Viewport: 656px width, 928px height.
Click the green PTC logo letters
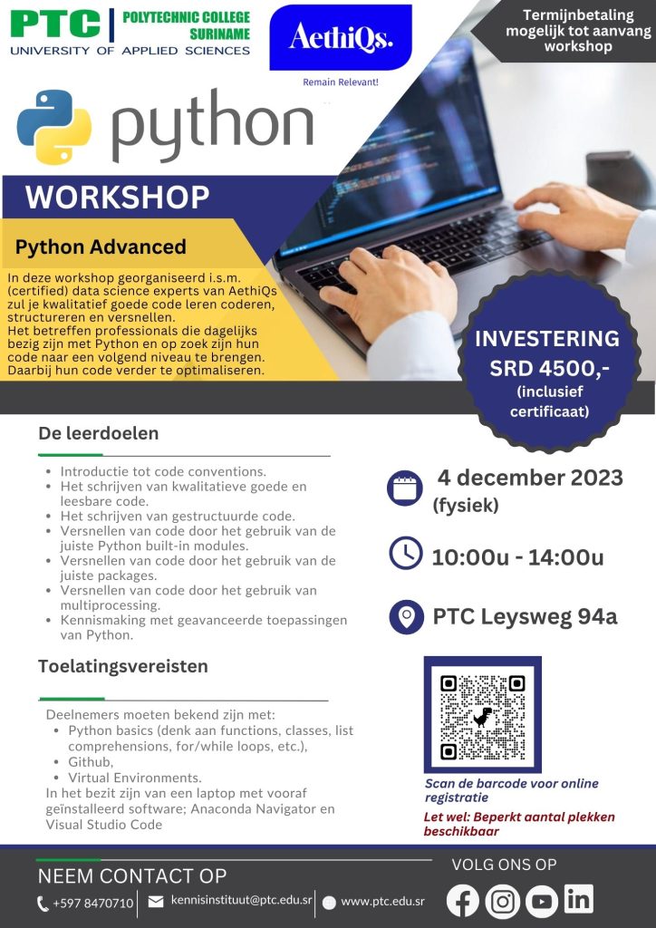(x=55, y=24)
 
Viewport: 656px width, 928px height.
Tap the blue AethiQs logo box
(x=341, y=38)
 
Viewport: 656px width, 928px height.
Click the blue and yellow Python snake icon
(x=54, y=127)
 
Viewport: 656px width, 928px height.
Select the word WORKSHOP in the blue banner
(x=117, y=198)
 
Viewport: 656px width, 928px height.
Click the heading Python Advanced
(x=101, y=246)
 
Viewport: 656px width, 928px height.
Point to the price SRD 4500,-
(x=549, y=368)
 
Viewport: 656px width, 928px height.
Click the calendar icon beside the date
(x=405, y=488)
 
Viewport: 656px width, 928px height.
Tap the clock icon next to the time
(x=406, y=554)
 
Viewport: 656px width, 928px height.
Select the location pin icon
(x=407, y=616)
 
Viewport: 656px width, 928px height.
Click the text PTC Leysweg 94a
(x=526, y=616)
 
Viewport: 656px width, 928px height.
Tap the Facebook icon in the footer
(x=463, y=900)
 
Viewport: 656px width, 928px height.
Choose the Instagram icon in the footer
(x=502, y=902)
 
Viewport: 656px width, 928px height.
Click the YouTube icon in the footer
(x=541, y=902)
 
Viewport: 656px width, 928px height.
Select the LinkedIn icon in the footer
(x=578, y=898)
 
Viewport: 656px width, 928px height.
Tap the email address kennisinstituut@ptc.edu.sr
(x=241, y=900)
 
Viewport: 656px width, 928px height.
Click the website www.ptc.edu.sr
(x=382, y=902)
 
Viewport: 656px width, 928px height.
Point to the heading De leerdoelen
(x=98, y=433)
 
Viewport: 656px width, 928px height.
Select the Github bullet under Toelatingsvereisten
(x=91, y=761)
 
